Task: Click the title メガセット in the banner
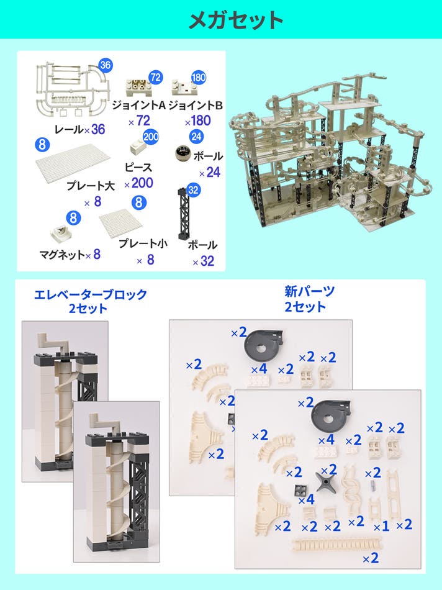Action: coord(235,20)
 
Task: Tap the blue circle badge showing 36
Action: coord(106,65)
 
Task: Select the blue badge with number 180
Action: coord(199,78)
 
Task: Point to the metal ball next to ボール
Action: coord(183,153)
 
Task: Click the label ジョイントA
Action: coord(139,105)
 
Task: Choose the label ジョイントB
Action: coord(196,105)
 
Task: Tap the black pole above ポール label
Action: coord(184,214)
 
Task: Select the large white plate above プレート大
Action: coord(73,163)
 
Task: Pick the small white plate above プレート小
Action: coord(121,224)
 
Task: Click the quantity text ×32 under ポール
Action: coord(204,261)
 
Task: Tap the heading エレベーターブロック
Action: coord(90,294)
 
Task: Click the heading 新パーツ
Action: coord(309,291)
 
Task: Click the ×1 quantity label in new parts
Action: coord(381,527)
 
